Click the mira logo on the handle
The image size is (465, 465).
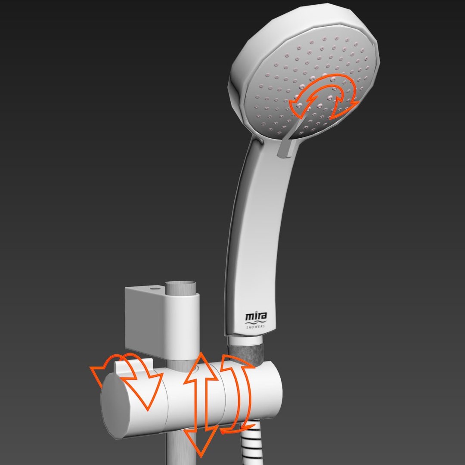256,317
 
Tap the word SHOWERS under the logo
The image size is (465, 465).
256,327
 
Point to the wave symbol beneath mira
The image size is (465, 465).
256,322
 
